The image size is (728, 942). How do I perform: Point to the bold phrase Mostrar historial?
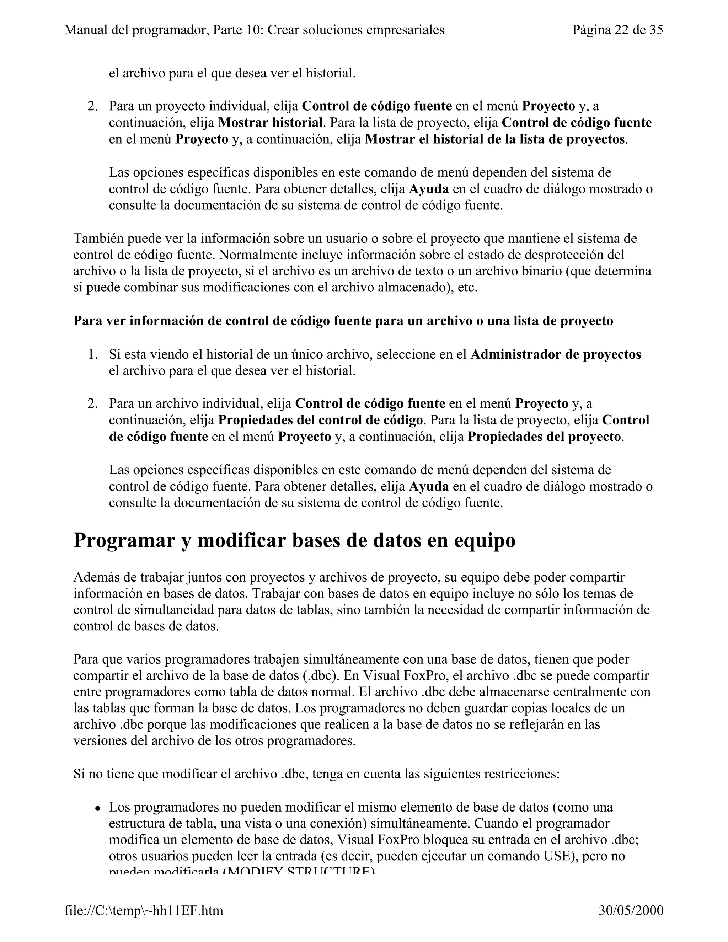[271, 123]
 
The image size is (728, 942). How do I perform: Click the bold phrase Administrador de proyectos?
[556, 354]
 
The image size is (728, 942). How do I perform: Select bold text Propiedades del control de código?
[320, 420]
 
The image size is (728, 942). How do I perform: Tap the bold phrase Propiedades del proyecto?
[544, 437]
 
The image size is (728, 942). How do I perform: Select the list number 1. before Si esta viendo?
[92, 354]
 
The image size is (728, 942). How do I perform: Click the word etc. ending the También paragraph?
[467, 288]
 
